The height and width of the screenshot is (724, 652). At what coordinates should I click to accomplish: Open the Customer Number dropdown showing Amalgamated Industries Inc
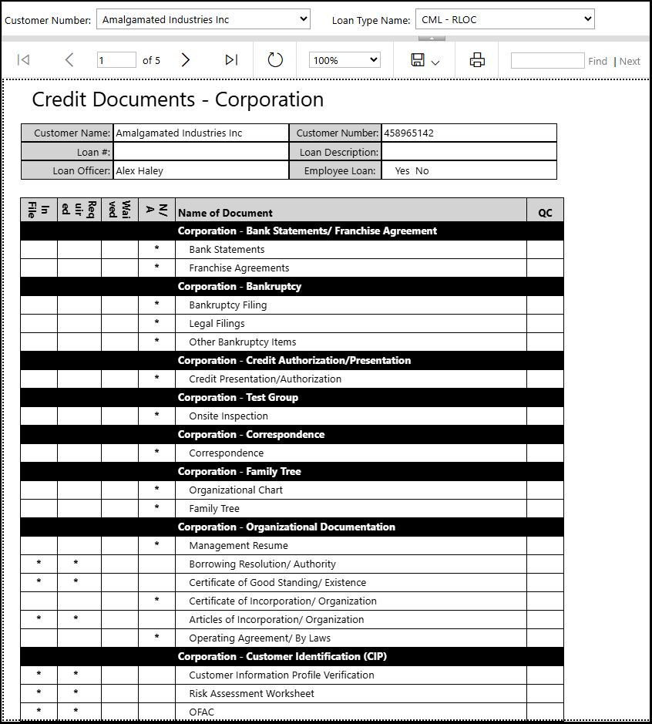pos(203,19)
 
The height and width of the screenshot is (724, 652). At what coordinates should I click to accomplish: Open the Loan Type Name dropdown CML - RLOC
pos(505,19)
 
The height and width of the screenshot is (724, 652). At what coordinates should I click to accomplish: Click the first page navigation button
pos(23,60)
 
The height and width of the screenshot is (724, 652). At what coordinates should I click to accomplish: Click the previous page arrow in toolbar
pos(69,60)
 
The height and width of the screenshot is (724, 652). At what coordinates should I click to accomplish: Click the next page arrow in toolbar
pos(185,60)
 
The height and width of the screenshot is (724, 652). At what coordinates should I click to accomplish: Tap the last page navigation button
pos(231,60)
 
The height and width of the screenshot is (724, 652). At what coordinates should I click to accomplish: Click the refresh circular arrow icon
pos(275,60)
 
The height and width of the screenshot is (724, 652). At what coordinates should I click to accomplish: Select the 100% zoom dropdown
pos(344,60)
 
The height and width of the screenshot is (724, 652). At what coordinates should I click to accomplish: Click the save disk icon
pos(418,60)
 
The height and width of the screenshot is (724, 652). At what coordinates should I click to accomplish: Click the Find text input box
pos(547,61)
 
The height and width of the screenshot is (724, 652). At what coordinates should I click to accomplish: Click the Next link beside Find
pos(630,62)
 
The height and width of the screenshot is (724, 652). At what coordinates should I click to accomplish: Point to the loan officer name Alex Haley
pos(139,171)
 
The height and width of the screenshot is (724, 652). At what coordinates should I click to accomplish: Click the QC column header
pos(545,213)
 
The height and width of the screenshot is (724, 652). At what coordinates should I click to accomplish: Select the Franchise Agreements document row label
pos(239,268)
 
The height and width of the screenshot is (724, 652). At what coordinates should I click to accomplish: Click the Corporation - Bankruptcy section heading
pos(239,287)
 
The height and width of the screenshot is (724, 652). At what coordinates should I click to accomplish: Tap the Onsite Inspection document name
pos(228,416)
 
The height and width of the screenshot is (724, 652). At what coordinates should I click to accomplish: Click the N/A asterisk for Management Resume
pos(156,545)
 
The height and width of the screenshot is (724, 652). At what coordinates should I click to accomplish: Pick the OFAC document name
pos(201,712)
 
